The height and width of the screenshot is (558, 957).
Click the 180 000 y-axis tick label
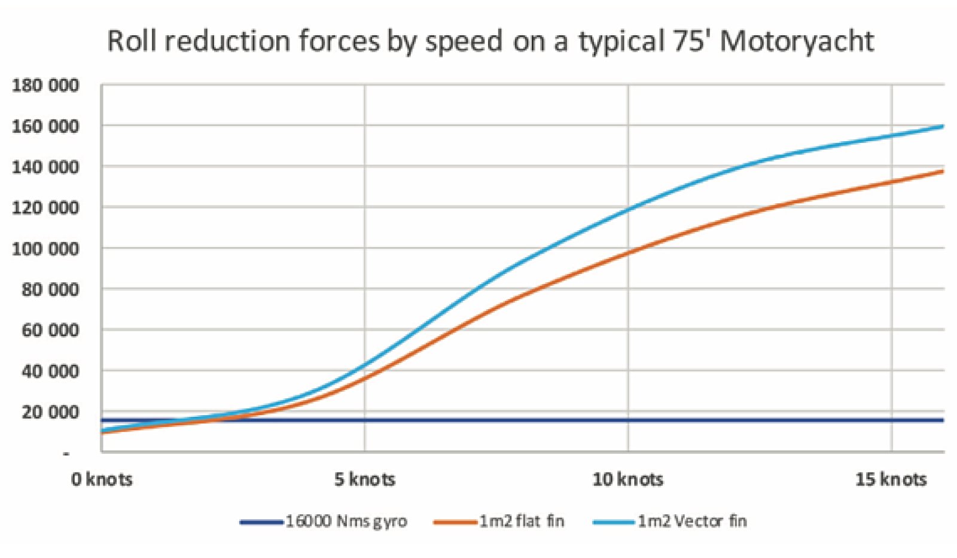tap(45, 86)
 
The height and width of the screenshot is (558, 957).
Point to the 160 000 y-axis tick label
tap(45, 126)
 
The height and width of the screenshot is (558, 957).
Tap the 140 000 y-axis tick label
tap(45, 167)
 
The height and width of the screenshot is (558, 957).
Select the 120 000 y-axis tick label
tap(45, 208)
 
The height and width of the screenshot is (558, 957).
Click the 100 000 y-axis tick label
tap(45, 248)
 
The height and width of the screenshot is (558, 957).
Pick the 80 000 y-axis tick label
tap(50, 289)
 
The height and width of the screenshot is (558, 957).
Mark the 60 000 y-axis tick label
tap(50, 330)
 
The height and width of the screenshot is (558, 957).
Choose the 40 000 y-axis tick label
tap(50, 371)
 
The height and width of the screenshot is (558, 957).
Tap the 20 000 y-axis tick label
tap(50, 412)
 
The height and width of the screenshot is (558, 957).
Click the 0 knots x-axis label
tap(102, 479)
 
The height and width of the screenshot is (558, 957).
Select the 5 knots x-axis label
tap(365, 479)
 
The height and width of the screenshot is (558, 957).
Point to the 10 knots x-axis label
tap(628, 479)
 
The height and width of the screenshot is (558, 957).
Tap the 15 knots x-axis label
tap(891, 479)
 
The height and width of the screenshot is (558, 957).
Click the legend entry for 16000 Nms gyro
tap(346, 522)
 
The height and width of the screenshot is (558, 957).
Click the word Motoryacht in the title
tap(797, 42)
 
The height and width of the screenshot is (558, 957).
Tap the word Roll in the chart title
tap(132, 42)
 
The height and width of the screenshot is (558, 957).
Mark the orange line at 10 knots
tap(628, 252)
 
